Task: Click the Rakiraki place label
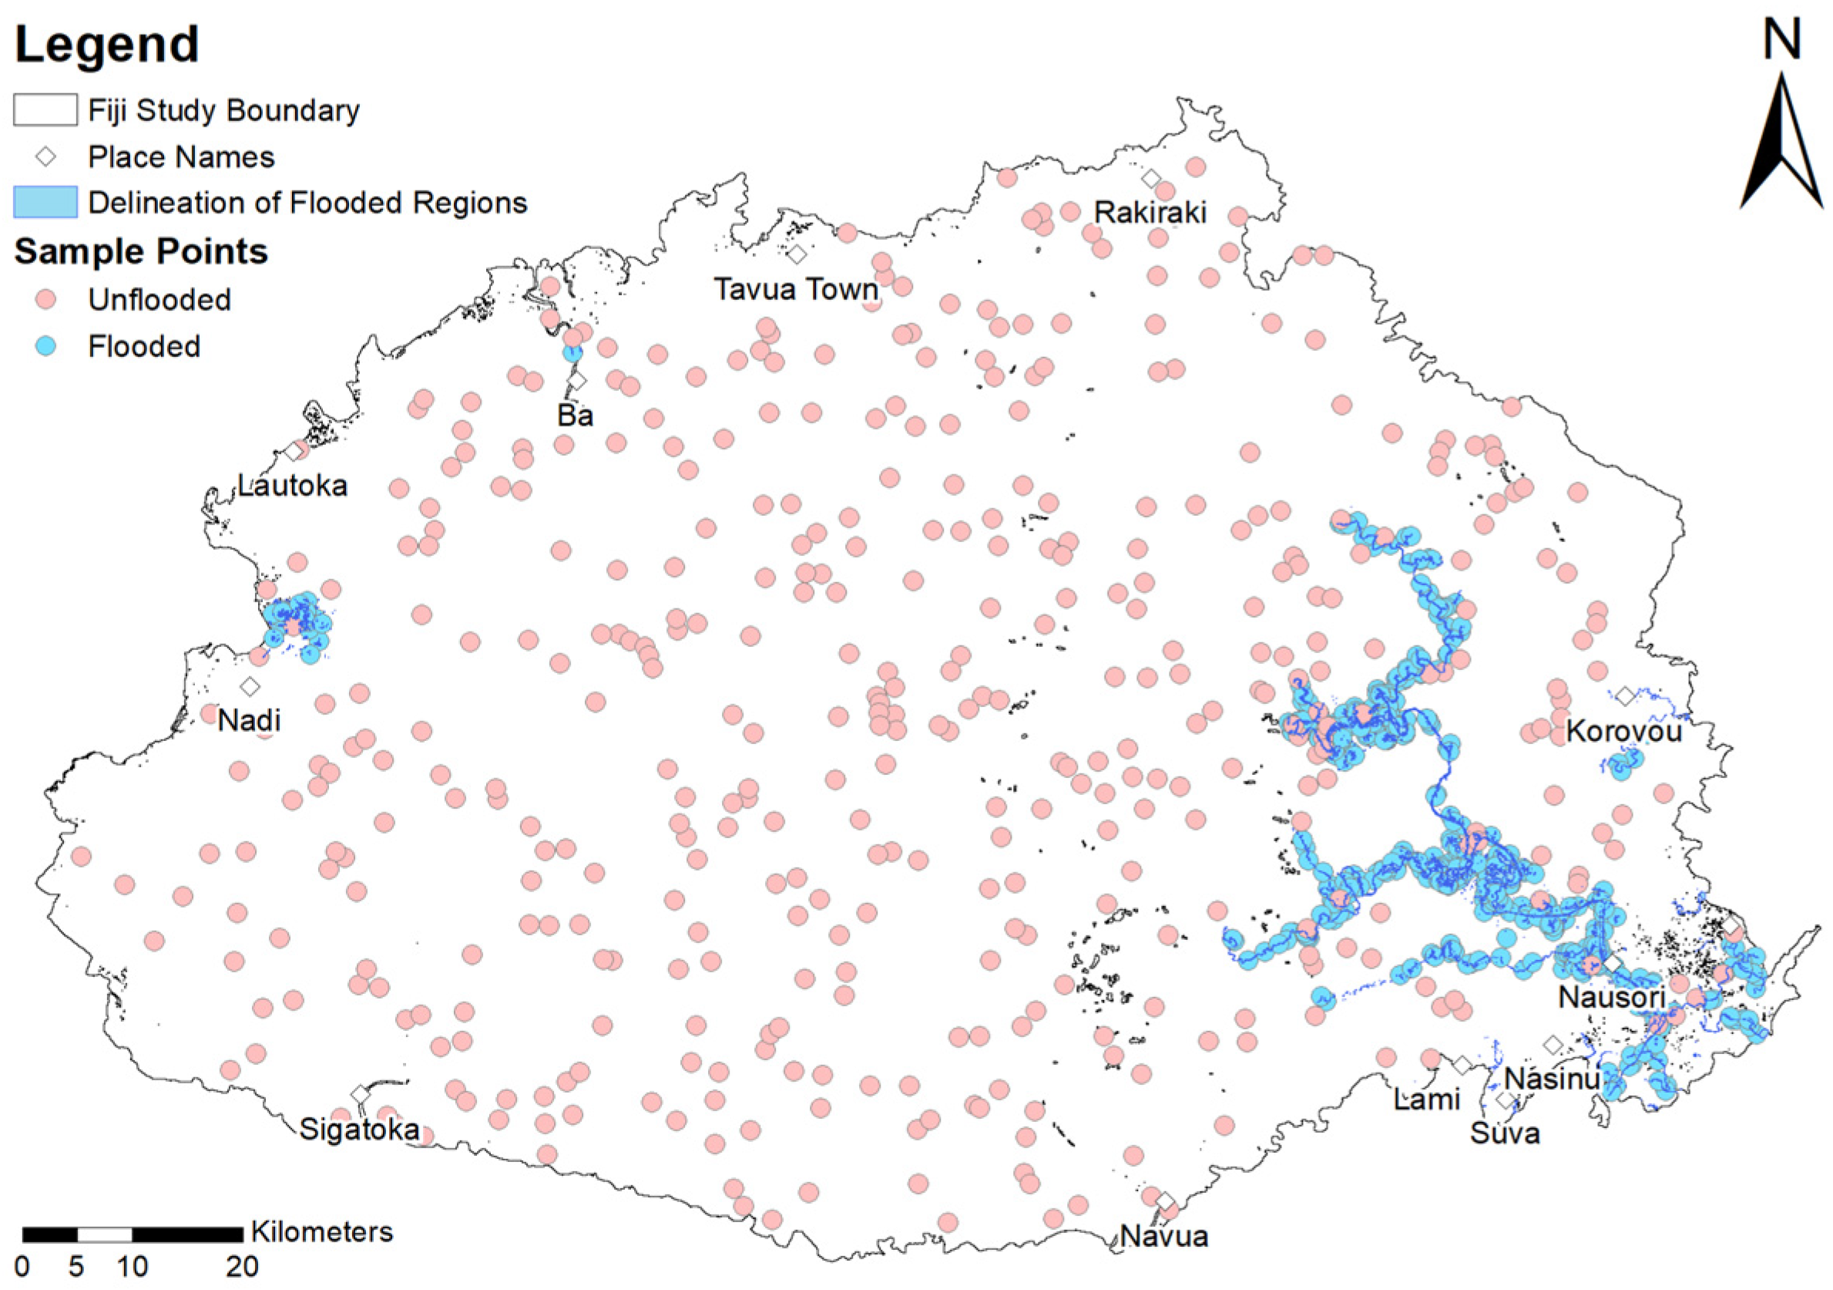[x=1150, y=213]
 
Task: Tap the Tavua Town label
[x=795, y=289]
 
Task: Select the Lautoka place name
[x=293, y=486]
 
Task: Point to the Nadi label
[x=249, y=720]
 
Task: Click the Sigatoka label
[x=359, y=1130]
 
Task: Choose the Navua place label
[x=1164, y=1237]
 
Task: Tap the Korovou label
[x=1624, y=731]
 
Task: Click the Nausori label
[x=1611, y=997]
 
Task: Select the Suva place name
[x=1505, y=1133]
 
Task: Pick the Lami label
[x=1427, y=1100]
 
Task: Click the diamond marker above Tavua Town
[x=797, y=254]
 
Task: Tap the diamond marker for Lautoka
[x=294, y=451]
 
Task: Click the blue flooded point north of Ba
[x=572, y=352]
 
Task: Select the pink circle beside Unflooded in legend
[x=46, y=299]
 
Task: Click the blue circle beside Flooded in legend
[x=46, y=346]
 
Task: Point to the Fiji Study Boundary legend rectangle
[x=45, y=110]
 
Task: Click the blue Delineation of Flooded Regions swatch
[x=45, y=202]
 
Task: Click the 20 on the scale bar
[x=242, y=1266]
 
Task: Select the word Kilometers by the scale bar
[x=322, y=1231]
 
